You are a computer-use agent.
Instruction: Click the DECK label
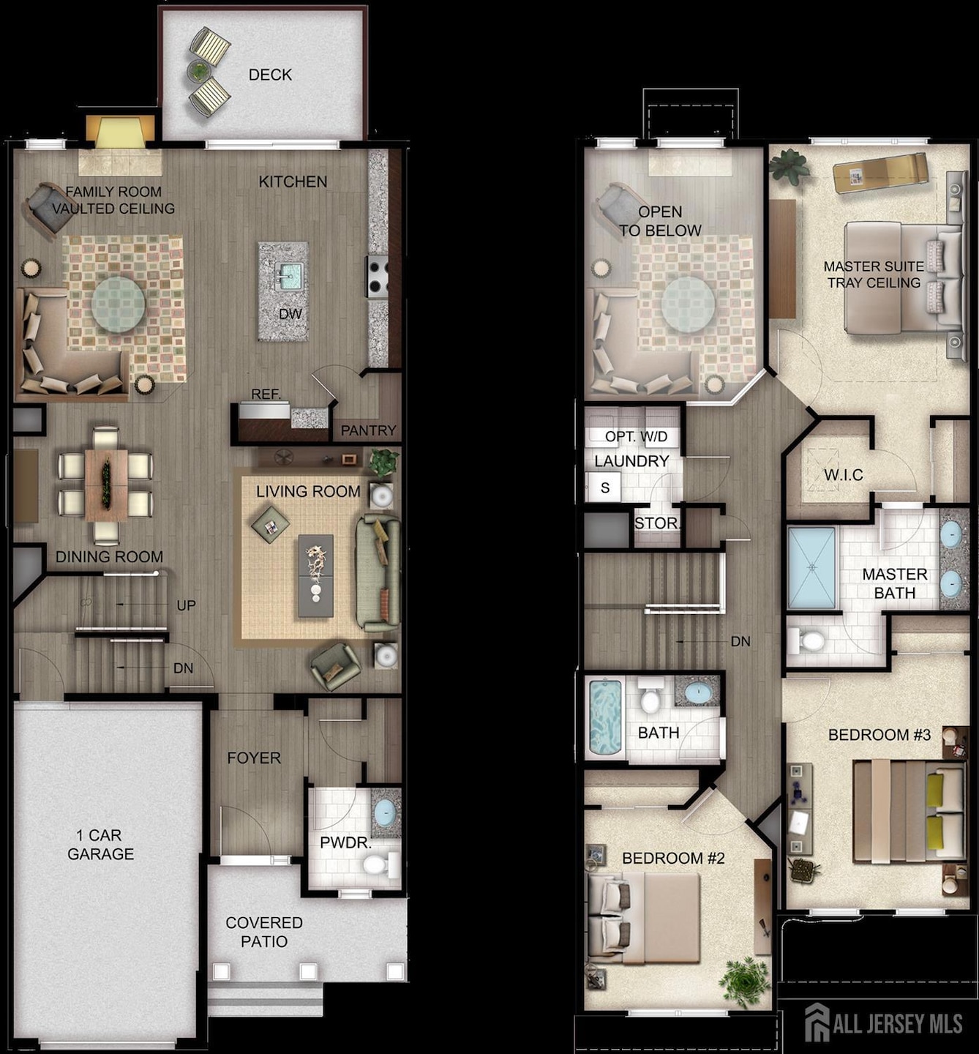point(270,75)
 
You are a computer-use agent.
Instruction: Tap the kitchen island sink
point(290,277)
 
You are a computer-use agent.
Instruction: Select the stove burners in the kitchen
point(378,277)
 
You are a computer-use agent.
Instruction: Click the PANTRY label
point(368,430)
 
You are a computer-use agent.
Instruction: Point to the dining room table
point(106,484)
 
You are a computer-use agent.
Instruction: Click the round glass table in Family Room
point(118,302)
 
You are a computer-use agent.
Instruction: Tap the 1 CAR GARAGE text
point(100,845)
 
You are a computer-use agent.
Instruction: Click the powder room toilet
point(376,866)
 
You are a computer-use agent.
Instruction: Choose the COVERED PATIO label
point(264,932)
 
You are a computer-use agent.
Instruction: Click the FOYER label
point(254,758)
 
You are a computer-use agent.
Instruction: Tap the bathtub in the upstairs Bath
point(605,718)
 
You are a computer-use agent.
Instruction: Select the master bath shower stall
point(811,568)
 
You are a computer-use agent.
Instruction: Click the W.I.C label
point(843,475)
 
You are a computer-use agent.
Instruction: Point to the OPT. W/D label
point(636,437)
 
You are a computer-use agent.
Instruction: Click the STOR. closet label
point(656,523)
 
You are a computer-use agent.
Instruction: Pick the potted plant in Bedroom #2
point(744,981)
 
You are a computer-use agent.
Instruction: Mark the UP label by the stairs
point(186,606)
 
